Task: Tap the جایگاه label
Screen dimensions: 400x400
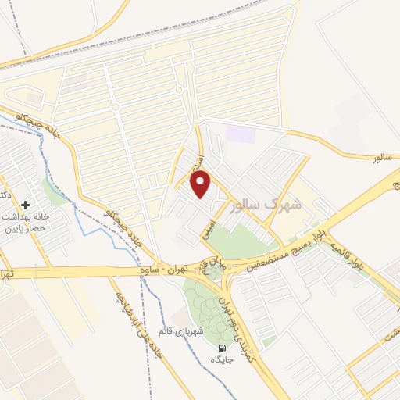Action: point(223,360)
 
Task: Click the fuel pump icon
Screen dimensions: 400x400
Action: point(223,348)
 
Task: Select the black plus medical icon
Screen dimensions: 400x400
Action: point(26,204)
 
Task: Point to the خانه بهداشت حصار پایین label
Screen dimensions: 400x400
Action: point(28,221)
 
